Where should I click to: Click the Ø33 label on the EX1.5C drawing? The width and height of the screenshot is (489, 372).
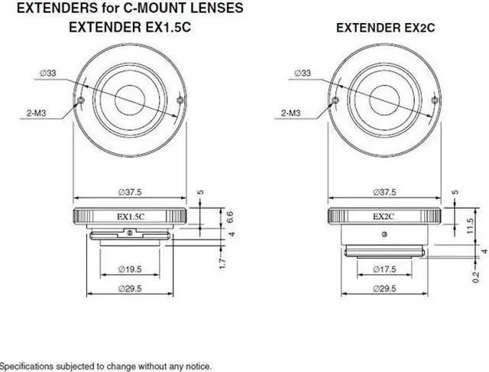coord(50,73)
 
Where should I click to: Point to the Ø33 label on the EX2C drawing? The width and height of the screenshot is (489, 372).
coord(302,73)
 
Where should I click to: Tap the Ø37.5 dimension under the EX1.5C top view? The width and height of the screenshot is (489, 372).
coord(131,191)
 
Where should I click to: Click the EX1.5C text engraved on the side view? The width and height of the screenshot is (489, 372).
coord(131,217)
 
